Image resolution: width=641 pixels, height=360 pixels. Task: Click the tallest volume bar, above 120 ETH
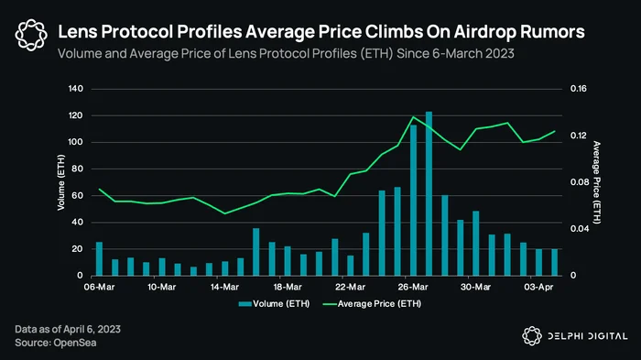pyautogui.click(x=429, y=193)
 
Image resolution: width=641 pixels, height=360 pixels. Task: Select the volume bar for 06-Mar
pyautogui.click(x=99, y=258)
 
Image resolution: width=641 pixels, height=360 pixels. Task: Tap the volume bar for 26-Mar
pyautogui.click(x=413, y=200)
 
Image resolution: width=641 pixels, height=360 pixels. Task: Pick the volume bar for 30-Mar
pyautogui.click(x=476, y=244)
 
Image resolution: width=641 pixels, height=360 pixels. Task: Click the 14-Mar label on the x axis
pyautogui.click(x=224, y=288)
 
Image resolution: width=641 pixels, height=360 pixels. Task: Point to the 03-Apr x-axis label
pyautogui.click(x=538, y=288)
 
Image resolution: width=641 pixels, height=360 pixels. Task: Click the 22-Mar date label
pyautogui.click(x=351, y=288)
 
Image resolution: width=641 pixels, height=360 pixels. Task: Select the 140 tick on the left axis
pyautogui.click(x=76, y=89)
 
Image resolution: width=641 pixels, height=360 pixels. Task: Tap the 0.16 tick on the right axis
pyautogui.click(x=579, y=89)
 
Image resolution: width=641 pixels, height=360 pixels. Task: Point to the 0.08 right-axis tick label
pyautogui.click(x=580, y=182)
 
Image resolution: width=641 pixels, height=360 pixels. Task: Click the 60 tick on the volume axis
pyautogui.click(x=78, y=195)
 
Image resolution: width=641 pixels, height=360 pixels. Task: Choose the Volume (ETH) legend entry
pyautogui.click(x=275, y=304)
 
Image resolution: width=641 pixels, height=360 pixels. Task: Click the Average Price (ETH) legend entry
pyautogui.click(x=372, y=304)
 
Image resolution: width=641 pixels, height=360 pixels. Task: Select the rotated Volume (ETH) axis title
pyautogui.click(x=61, y=182)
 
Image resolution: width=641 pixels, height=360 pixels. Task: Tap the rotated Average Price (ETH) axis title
pyautogui.click(x=597, y=182)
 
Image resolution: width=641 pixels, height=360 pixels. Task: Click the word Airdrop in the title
pyautogui.click(x=481, y=32)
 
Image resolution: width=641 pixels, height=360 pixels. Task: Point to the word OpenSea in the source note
pyautogui.click(x=75, y=343)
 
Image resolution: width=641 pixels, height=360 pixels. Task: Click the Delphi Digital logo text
pyautogui.click(x=588, y=336)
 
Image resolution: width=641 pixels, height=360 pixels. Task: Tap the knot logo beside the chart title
pyautogui.click(x=31, y=35)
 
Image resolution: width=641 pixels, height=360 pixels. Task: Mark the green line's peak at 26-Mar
pyautogui.click(x=413, y=117)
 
